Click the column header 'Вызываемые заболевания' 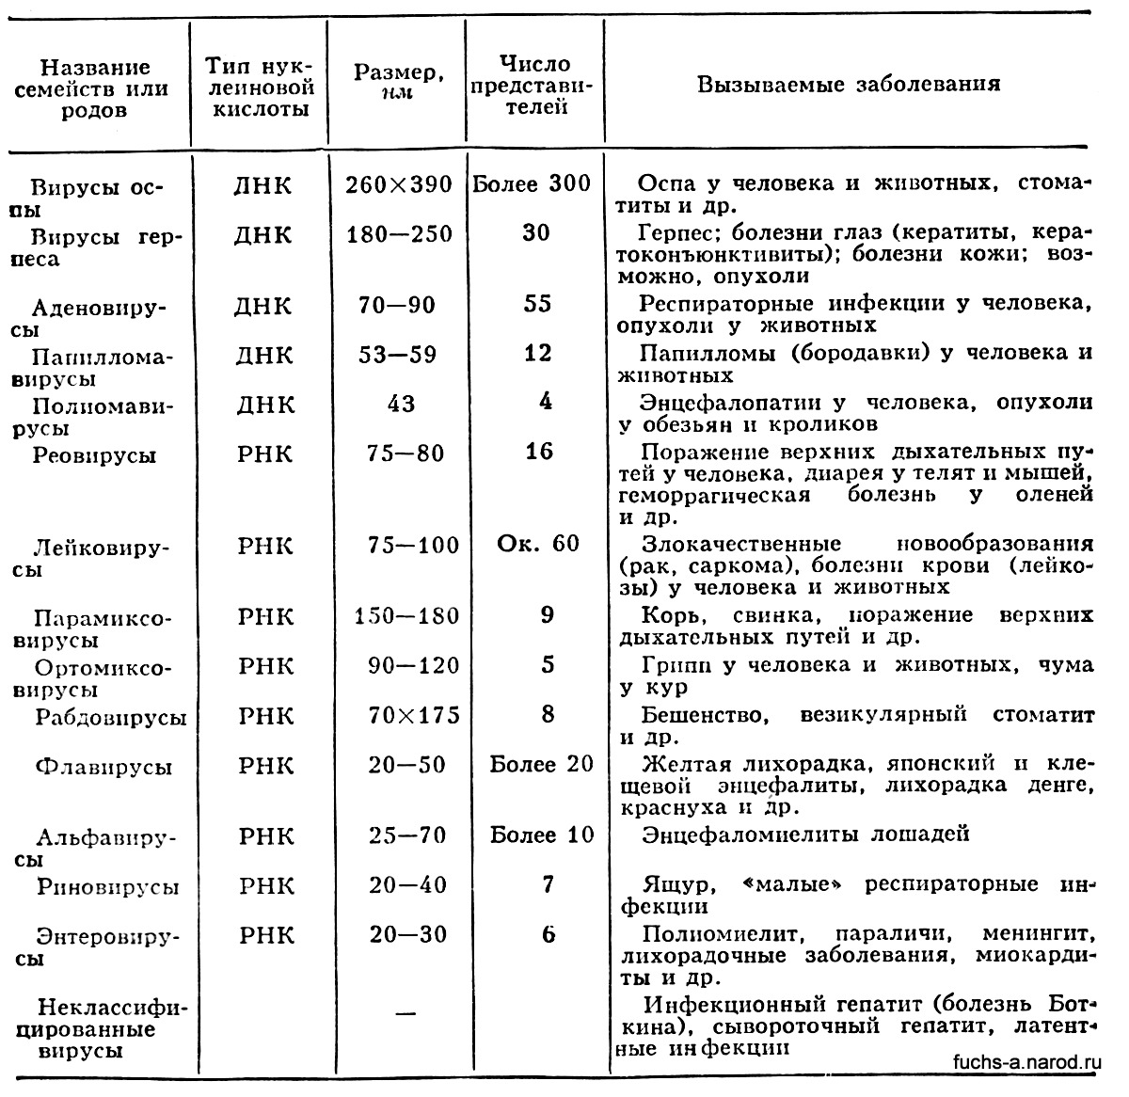[x=848, y=85]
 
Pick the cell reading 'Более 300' [x=532, y=183]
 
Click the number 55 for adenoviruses [x=536, y=305]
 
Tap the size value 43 [x=401, y=404]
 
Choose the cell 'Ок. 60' [x=538, y=544]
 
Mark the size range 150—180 [x=406, y=617]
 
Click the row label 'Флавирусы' [x=104, y=767]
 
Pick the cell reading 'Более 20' [x=542, y=764]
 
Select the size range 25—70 [x=407, y=835]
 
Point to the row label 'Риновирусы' [x=108, y=886]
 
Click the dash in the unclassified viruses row [x=405, y=1013]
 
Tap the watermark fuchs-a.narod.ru [x=1026, y=1061]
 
